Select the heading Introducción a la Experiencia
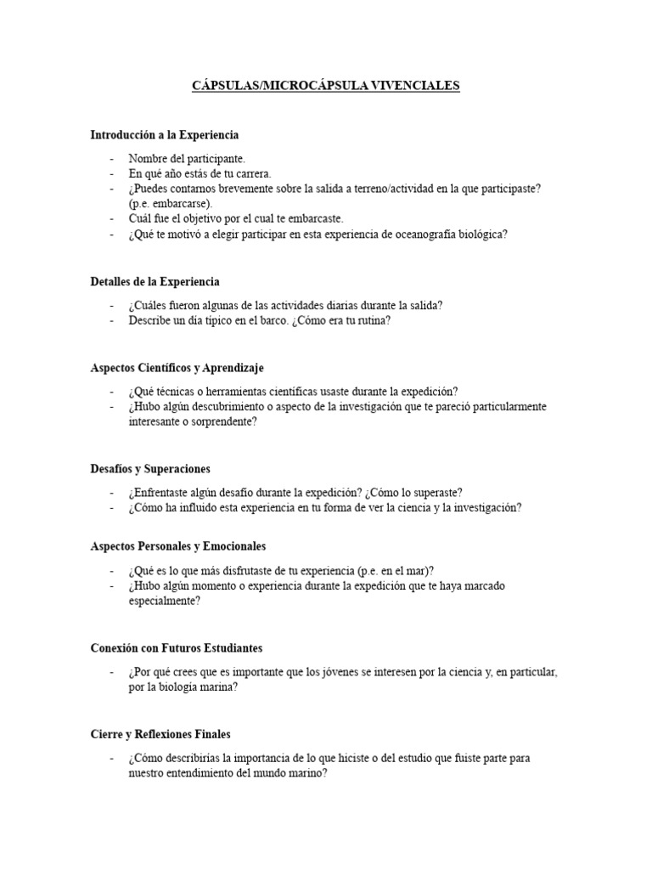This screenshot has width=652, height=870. pos(165,134)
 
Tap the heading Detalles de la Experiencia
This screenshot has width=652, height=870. pos(155,281)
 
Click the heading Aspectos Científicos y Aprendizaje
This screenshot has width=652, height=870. pos(177,368)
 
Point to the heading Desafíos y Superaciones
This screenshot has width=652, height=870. pos(150,468)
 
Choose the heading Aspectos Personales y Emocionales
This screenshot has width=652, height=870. pos(178,545)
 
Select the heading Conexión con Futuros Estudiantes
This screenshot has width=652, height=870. pos(176,648)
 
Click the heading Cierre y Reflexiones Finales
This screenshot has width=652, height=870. pos(160,734)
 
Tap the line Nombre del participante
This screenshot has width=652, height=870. pos(187,158)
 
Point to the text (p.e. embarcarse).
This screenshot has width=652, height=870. pos(171,203)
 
